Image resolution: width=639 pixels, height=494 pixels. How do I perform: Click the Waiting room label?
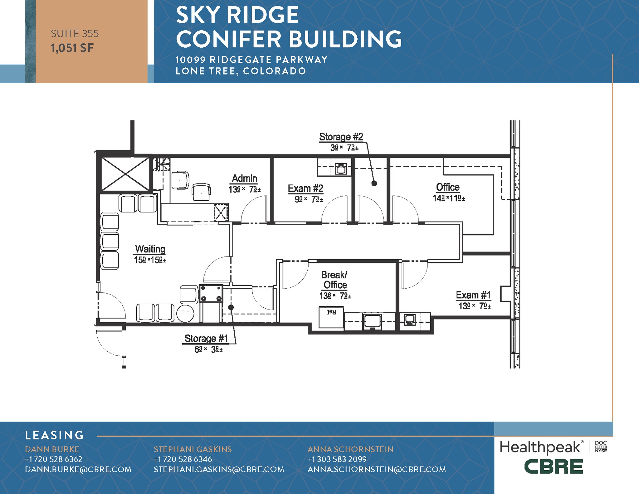pyautogui.click(x=150, y=249)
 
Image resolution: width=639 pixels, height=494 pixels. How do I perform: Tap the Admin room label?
pyautogui.click(x=245, y=179)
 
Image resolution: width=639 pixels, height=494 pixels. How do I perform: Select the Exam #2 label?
pyautogui.click(x=305, y=188)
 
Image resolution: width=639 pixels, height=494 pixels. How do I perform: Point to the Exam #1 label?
pyautogui.click(x=473, y=295)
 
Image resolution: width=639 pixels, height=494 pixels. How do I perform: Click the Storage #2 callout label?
pyautogui.click(x=341, y=137)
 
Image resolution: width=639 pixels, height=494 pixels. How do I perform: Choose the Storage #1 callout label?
pyautogui.click(x=206, y=339)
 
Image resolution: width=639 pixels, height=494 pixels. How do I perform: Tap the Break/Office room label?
pyautogui.click(x=335, y=280)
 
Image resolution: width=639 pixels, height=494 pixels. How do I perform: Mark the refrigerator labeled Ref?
pyautogui.click(x=331, y=317)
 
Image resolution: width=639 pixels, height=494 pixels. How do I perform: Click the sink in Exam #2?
pyautogui.click(x=341, y=169)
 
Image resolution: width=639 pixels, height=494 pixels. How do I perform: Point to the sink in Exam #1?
pyautogui.click(x=409, y=319)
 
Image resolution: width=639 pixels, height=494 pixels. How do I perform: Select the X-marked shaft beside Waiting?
pyautogui.click(x=125, y=174)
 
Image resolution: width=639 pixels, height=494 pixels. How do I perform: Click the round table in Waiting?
pyautogui.click(x=185, y=313)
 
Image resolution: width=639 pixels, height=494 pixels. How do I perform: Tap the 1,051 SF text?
pyautogui.click(x=72, y=48)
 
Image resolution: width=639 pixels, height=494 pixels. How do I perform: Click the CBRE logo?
pyautogui.click(x=554, y=467)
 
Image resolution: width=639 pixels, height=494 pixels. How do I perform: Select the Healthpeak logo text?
pyautogui.click(x=540, y=448)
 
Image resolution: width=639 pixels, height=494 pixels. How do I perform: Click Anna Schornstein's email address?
pyautogui.click(x=377, y=470)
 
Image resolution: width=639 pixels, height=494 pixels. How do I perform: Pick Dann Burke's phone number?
pyautogui.click(x=54, y=459)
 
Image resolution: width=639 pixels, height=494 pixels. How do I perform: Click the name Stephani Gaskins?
pyautogui.click(x=193, y=449)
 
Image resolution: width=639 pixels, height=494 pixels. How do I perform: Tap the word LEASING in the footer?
pyautogui.click(x=55, y=435)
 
